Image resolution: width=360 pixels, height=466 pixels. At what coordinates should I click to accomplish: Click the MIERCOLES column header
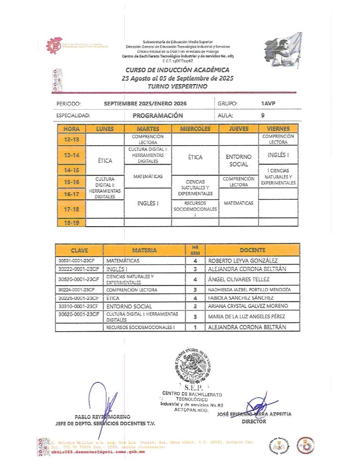tap(195, 129)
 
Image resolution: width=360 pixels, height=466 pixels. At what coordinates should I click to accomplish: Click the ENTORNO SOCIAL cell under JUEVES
tap(238, 160)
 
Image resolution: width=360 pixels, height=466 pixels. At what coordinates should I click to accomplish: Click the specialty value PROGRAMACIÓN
tap(157, 116)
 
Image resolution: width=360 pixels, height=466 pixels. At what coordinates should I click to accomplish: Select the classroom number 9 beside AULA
tap(263, 116)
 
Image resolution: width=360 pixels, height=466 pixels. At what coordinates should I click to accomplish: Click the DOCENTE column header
tap(254, 250)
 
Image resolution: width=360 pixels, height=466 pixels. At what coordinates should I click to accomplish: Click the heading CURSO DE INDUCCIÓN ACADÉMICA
tap(177, 70)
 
